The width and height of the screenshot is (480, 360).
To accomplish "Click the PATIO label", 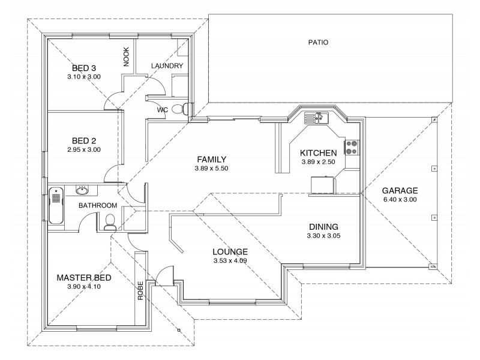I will point(318,43).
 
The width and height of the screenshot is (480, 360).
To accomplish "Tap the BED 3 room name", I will point(84,68).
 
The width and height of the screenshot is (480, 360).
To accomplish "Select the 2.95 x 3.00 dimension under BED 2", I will point(84,149).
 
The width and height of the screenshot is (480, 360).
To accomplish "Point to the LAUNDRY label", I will point(167,65).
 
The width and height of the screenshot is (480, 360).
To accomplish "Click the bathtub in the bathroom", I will point(56,205).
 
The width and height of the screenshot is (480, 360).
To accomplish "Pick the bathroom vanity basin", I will point(83,191).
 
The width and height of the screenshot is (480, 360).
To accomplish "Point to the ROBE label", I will point(141,291).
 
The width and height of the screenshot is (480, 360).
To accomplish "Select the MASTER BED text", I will point(84,278).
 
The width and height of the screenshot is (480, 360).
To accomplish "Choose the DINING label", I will point(323,227).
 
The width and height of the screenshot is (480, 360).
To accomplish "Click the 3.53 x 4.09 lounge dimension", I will point(230,261).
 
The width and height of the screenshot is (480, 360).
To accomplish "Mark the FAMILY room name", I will point(211,160).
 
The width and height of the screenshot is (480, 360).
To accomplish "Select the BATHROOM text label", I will point(98,206).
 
